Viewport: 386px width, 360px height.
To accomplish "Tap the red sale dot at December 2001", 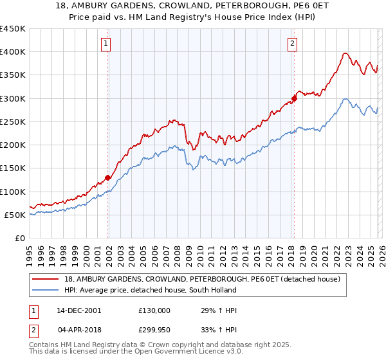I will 108,178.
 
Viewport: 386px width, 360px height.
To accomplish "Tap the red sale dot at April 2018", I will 294,98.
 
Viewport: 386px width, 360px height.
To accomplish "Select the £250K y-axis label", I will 13,122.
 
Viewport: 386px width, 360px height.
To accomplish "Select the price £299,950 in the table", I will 154,330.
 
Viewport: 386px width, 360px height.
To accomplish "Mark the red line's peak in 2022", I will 345,53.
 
